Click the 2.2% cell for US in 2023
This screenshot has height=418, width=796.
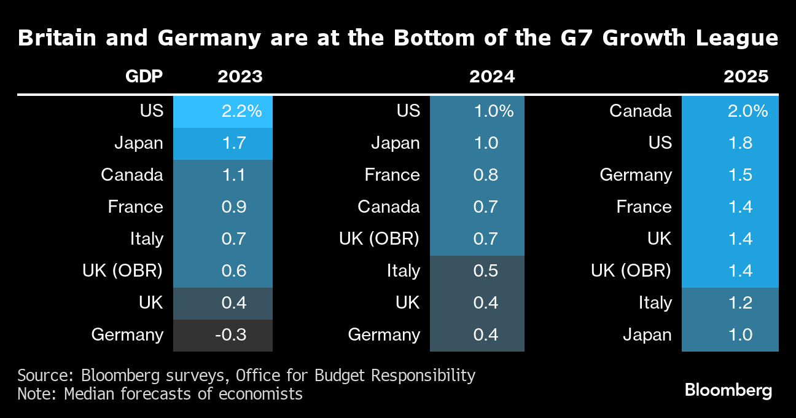click(x=223, y=111)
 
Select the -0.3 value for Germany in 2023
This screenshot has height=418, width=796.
click(x=223, y=335)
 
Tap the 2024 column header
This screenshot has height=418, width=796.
click(x=492, y=77)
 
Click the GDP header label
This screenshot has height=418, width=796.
click(x=144, y=77)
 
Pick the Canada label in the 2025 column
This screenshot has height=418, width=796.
click(x=641, y=111)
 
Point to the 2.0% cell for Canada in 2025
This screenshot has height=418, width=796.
click(x=730, y=111)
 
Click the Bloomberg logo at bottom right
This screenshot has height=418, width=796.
click(x=728, y=390)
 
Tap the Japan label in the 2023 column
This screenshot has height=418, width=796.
click(x=139, y=143)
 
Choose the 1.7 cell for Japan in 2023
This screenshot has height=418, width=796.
click(x=223, y=143)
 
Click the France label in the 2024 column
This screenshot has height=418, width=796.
click(x=392, y=175)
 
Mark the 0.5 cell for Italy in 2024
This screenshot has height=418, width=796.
click(x=477, y=271)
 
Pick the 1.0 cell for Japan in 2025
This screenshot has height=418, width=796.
click(x=730, y=335)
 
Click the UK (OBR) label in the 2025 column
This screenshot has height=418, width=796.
click(x=631, y=271)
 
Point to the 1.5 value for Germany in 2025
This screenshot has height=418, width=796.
click(x=730, y=175)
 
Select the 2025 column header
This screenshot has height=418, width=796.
click(x=746, y=77)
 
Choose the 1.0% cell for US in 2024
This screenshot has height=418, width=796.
click(x=477, y=111)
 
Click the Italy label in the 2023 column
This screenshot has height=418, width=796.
click(x=146, y=239)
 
